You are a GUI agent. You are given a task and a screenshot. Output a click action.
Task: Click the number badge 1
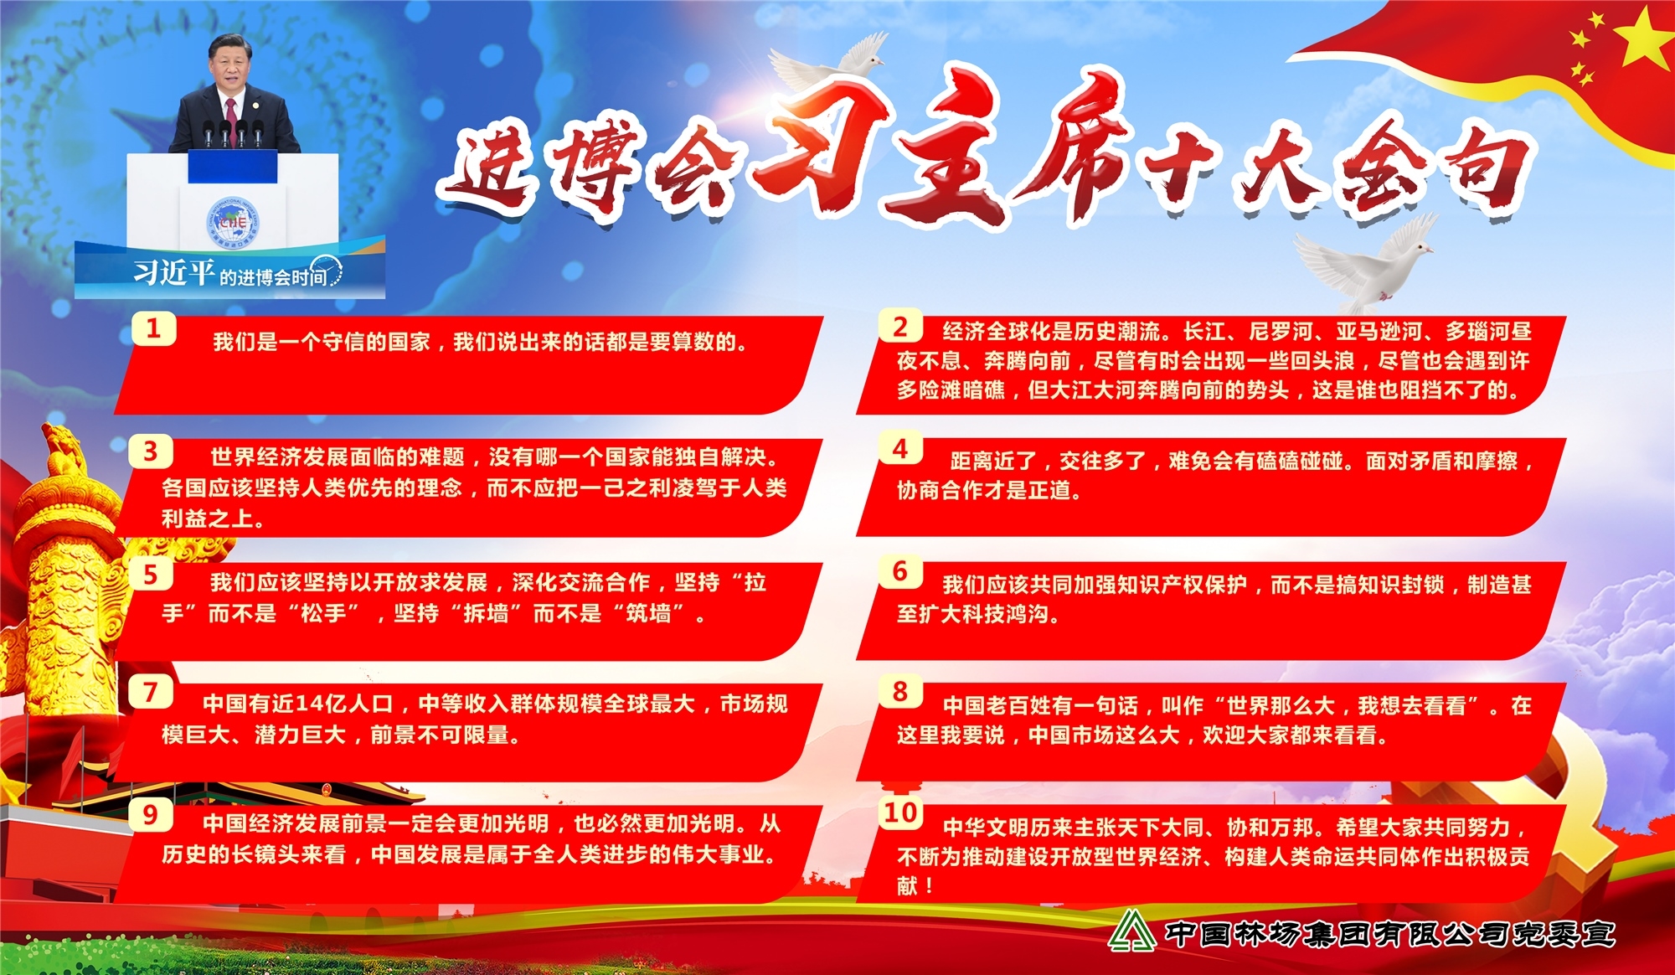tap(154, 328)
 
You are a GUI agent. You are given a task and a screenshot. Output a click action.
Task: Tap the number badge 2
tap(900, 326)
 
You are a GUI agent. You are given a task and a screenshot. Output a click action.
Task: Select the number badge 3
tap(151, 451)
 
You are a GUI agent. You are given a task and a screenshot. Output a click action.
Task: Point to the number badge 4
tap(900, 448)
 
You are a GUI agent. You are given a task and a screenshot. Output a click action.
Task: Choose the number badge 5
tap(151, 575)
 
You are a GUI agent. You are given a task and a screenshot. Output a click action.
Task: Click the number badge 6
tap(900, 571)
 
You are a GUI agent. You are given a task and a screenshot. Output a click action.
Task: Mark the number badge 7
tap(151, 692)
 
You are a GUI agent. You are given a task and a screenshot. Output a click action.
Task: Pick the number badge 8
tap(900, 691)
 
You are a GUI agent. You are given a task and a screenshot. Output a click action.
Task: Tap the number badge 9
tap(151, 814)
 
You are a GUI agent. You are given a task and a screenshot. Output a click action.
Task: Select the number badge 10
tap(901, 812)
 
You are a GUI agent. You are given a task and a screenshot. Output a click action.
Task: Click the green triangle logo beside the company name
tap(1131, 931)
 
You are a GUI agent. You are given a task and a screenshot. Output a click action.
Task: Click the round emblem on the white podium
tap(234, 222)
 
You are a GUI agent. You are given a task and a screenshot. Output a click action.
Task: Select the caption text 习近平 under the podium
tap(174, 271)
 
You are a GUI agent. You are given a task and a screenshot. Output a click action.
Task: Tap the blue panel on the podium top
tap(232, 167)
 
